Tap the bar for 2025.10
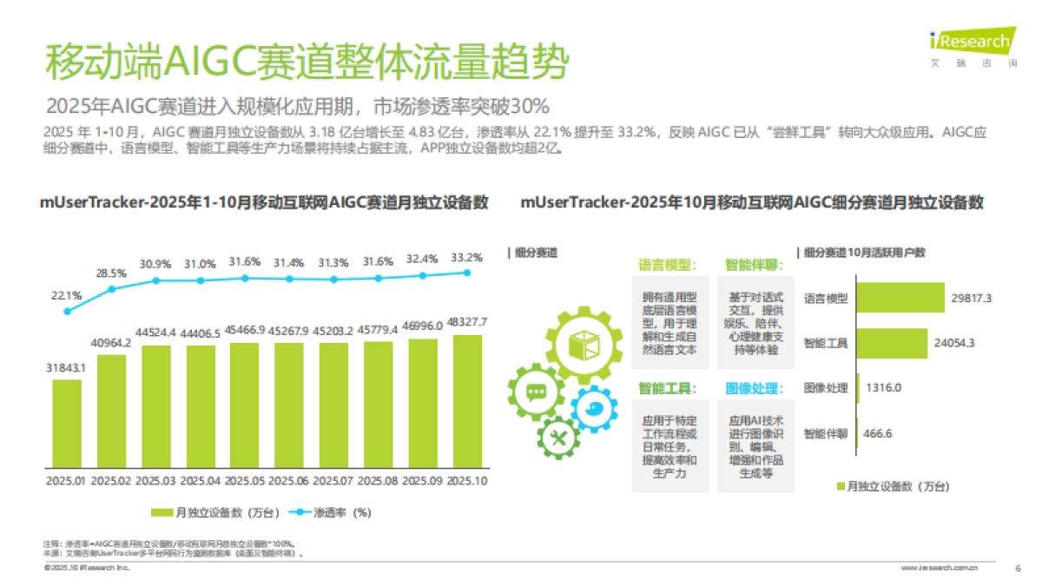click(467, 400)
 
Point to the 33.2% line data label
click(467, 257)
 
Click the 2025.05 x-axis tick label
click(245, 480)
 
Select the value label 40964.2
click(111, 343)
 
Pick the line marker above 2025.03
click(156, 280)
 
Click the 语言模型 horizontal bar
click(900, 298)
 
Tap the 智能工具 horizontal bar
click(892, 343)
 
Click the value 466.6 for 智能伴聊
click(879, 433)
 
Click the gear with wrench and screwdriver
click(560, 434)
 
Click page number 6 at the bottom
click(1018, 569)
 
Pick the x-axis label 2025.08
click(379, 480)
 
